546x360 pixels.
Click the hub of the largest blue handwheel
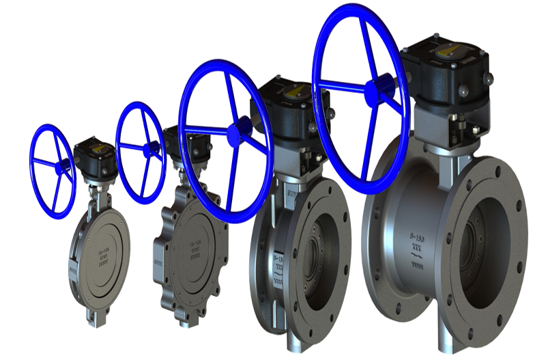373,92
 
